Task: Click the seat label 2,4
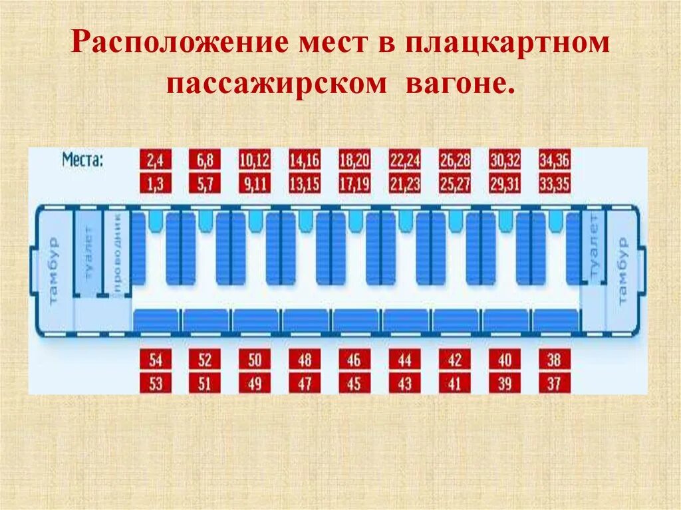pyautogui.click(x=156, y=160)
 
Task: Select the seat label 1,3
pyautogui.click(x=156, y=184)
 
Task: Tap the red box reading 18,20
pyautogui.click(x=354, y=160)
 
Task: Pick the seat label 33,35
pyautogui.click(x=555, y=184)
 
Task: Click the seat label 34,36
pyautogui.click(x=555, y=160)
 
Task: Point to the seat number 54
pyautogui.click(x=156, y=360)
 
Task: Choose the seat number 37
pyautogui.click(x=555, y=384)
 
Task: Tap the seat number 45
pyautogui.click(x=354, y=384)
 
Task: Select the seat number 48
pyautogui.click(x=305, y=360)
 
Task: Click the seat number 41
pyautogui.click(x=455, y=384)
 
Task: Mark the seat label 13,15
pyautogui.click(x=305, y=184)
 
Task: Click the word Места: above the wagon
pyautogui.click(x=83, y=160)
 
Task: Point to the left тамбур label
pyautogui.click(x=54, y=270)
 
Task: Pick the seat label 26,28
pyautogui.click(x=455, y=160)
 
